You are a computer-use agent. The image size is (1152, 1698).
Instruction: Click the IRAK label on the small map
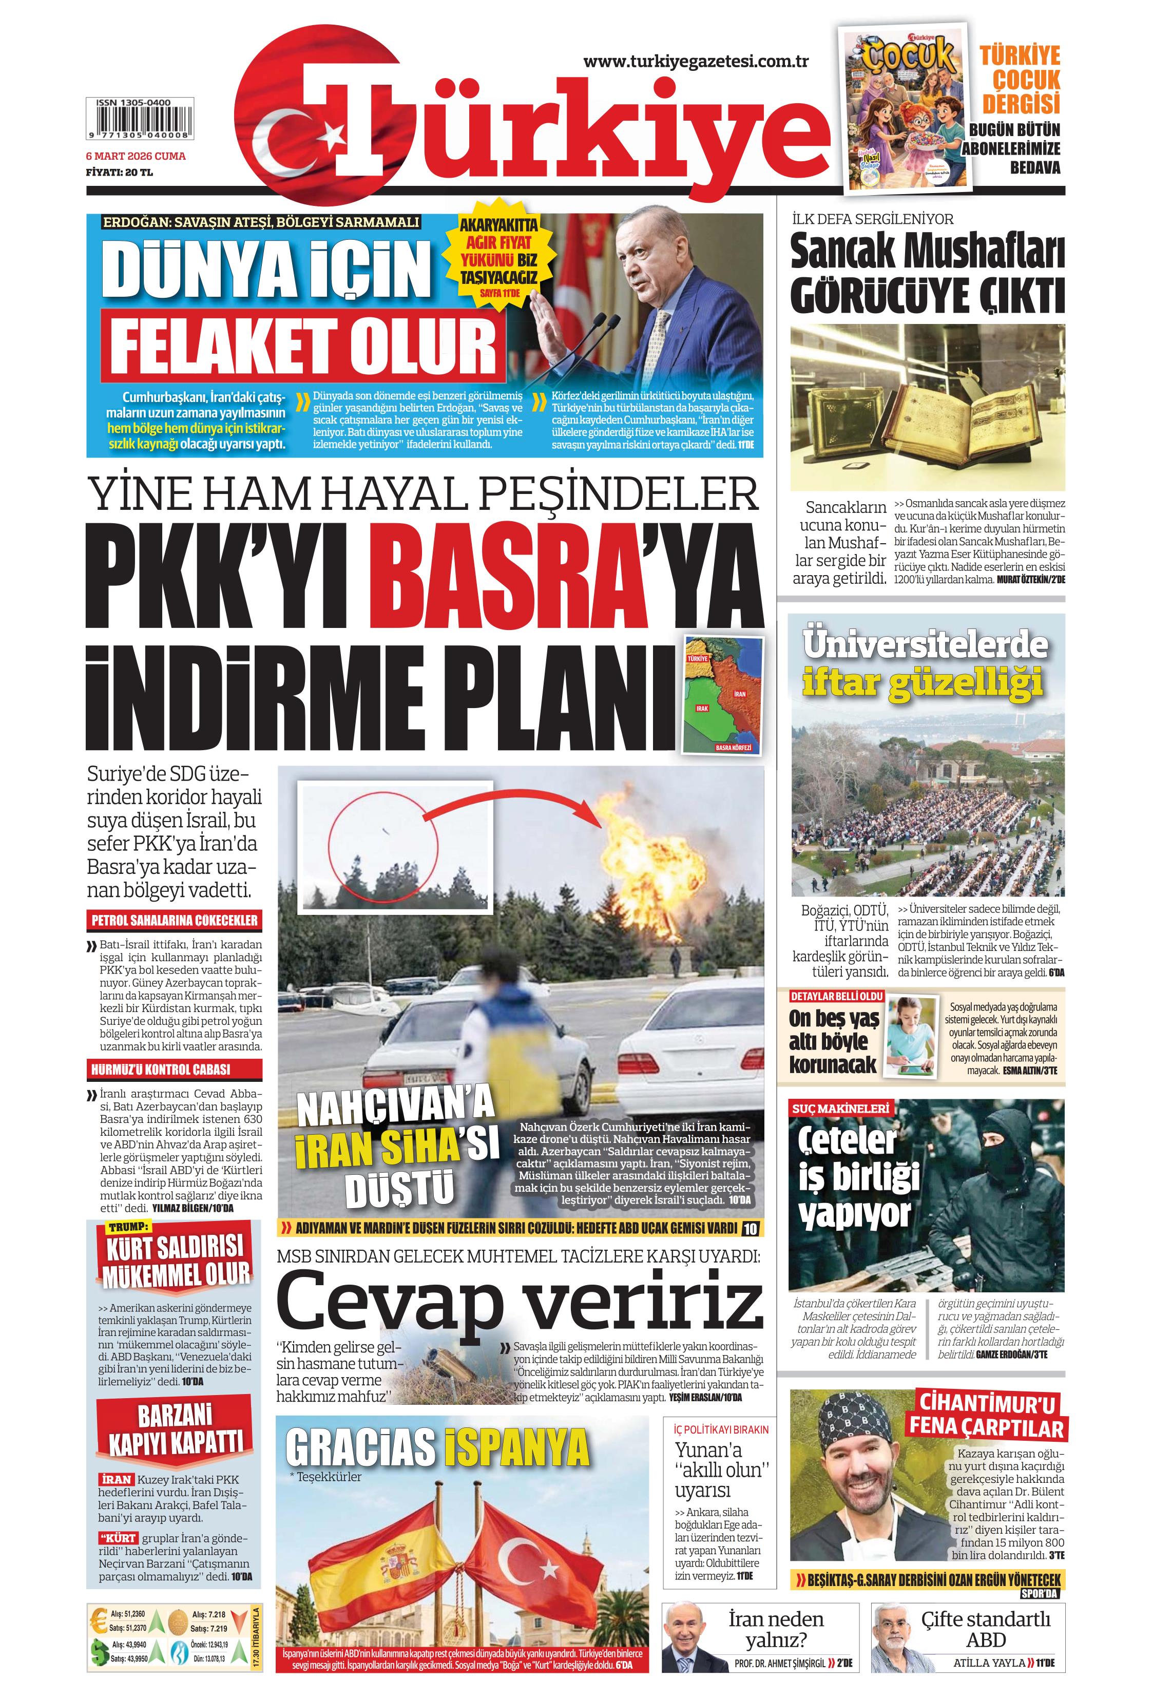click(702, 708)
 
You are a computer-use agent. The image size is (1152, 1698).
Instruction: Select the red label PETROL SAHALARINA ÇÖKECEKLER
click(174, 921)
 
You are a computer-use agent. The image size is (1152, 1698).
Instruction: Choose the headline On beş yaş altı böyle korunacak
click(834, 1042)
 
